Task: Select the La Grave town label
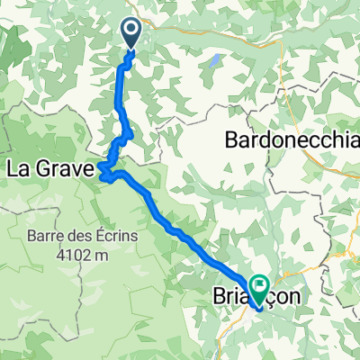coord(48,167)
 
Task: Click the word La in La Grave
coord(18,167)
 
